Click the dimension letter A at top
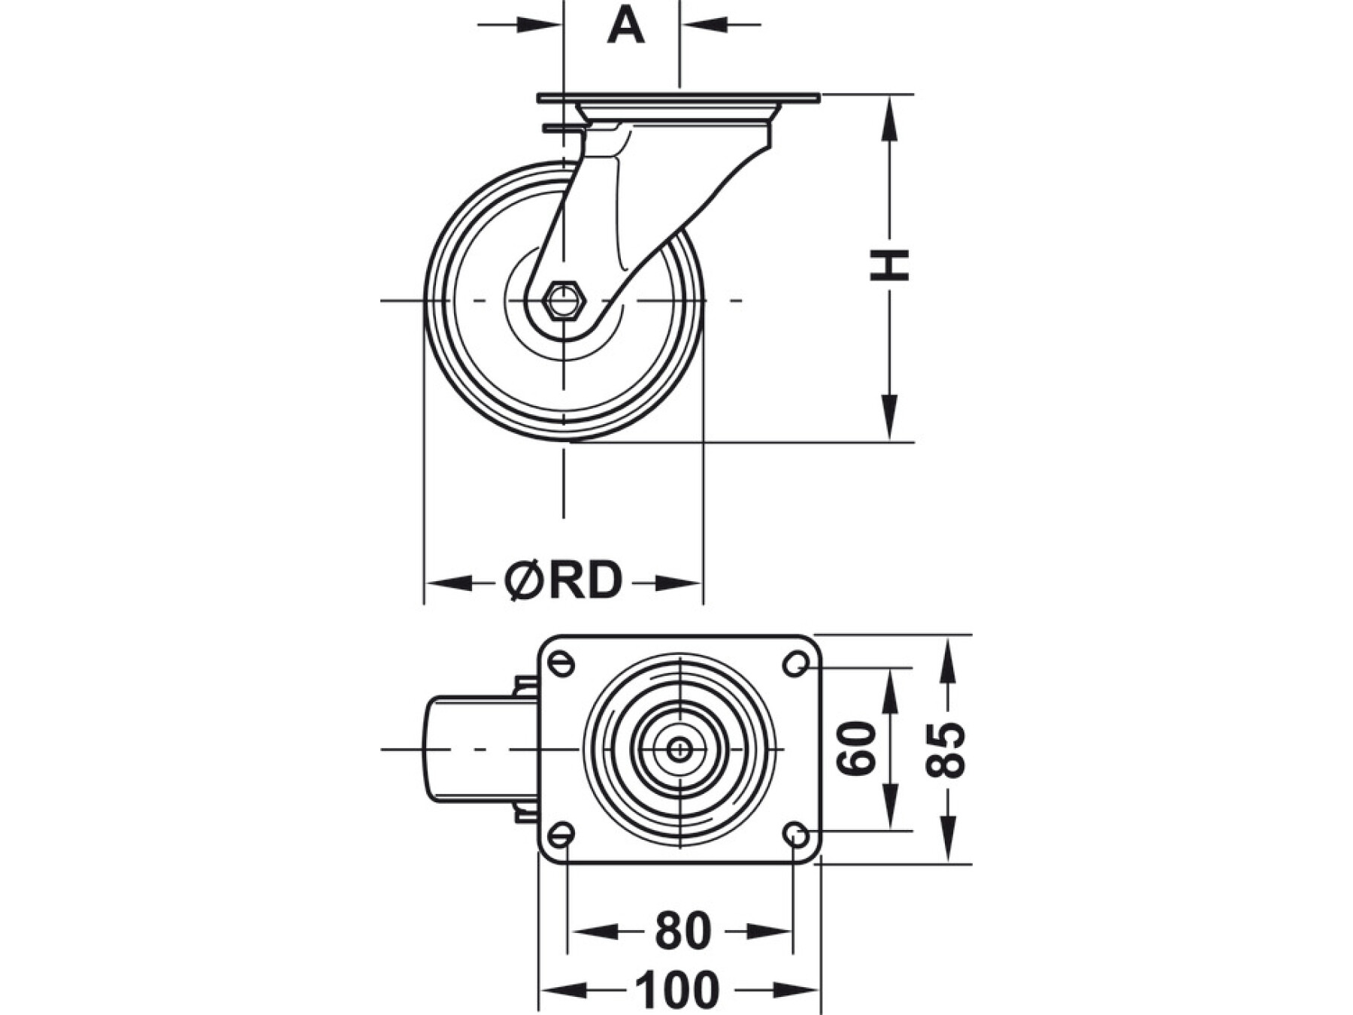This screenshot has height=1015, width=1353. (625, 26)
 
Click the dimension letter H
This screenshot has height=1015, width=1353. (890, 265)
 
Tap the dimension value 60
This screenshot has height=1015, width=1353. (858, 748)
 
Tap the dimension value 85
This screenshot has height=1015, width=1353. (945, 749)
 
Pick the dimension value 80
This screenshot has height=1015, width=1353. (683, 931)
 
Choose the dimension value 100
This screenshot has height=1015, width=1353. (678, 989)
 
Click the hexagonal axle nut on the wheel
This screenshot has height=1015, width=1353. (563, 301)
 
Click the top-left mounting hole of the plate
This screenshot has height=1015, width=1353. (562, 664)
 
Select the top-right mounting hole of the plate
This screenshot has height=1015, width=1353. (795, 664)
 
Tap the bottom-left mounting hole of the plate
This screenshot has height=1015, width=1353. (562, 833)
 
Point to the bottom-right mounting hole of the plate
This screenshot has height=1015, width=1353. (795, 833)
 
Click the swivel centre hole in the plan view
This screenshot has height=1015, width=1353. (680, 749)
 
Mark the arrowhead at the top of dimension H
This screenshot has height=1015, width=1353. (890, 113)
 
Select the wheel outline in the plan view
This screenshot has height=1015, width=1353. (474, 749)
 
